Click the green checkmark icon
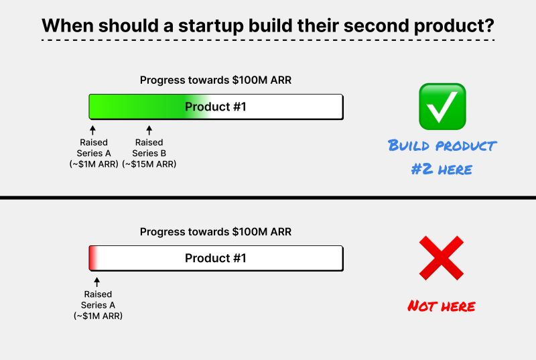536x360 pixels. click(442, 107)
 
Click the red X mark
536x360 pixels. click(442, 258)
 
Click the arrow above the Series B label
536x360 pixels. click(149, 129)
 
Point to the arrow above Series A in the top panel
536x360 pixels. click(92, 129)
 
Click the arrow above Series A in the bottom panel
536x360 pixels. click(97, 282)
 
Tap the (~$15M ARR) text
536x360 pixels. click(149, 164)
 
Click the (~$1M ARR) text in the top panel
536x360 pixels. click(92, 164)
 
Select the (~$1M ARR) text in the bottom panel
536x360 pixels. click(98, 315)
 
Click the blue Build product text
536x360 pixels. click(442, 145)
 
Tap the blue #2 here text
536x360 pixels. click(442, 169)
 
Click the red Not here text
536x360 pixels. click(442, 306)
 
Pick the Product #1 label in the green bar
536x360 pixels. click(216, 106)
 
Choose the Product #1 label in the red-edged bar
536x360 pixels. click(216, 258)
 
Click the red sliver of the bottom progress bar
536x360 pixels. click(92, 258)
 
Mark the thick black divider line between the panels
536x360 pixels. click(268, 198)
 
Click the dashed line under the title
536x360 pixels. click(268, 41)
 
